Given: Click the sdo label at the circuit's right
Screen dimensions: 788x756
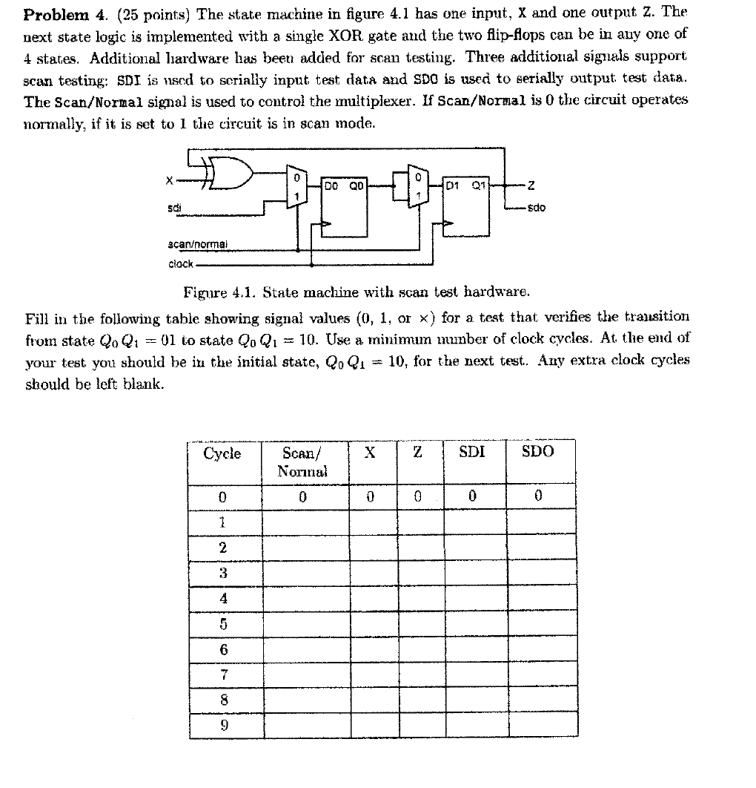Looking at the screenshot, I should pos(535,207).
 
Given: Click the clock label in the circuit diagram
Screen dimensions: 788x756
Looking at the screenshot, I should pos(181,263).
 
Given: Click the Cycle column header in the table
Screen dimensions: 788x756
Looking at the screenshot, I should pos(222,453).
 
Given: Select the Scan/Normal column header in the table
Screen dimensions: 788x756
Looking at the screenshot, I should pos(302,462).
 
